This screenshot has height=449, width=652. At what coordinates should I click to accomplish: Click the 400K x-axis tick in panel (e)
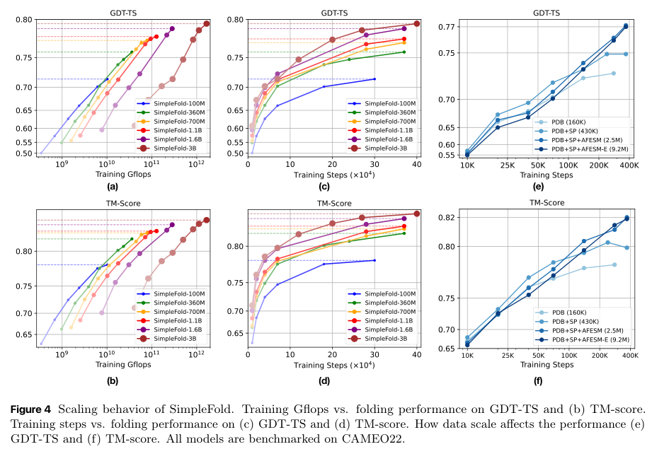coord(627,166)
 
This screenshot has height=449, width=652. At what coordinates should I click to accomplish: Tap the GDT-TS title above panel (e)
coord(547,12)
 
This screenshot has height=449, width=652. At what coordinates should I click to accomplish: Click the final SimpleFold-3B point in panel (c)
coord(417,23)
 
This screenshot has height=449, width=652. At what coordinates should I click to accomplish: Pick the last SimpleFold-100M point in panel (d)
coord(374,260)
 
